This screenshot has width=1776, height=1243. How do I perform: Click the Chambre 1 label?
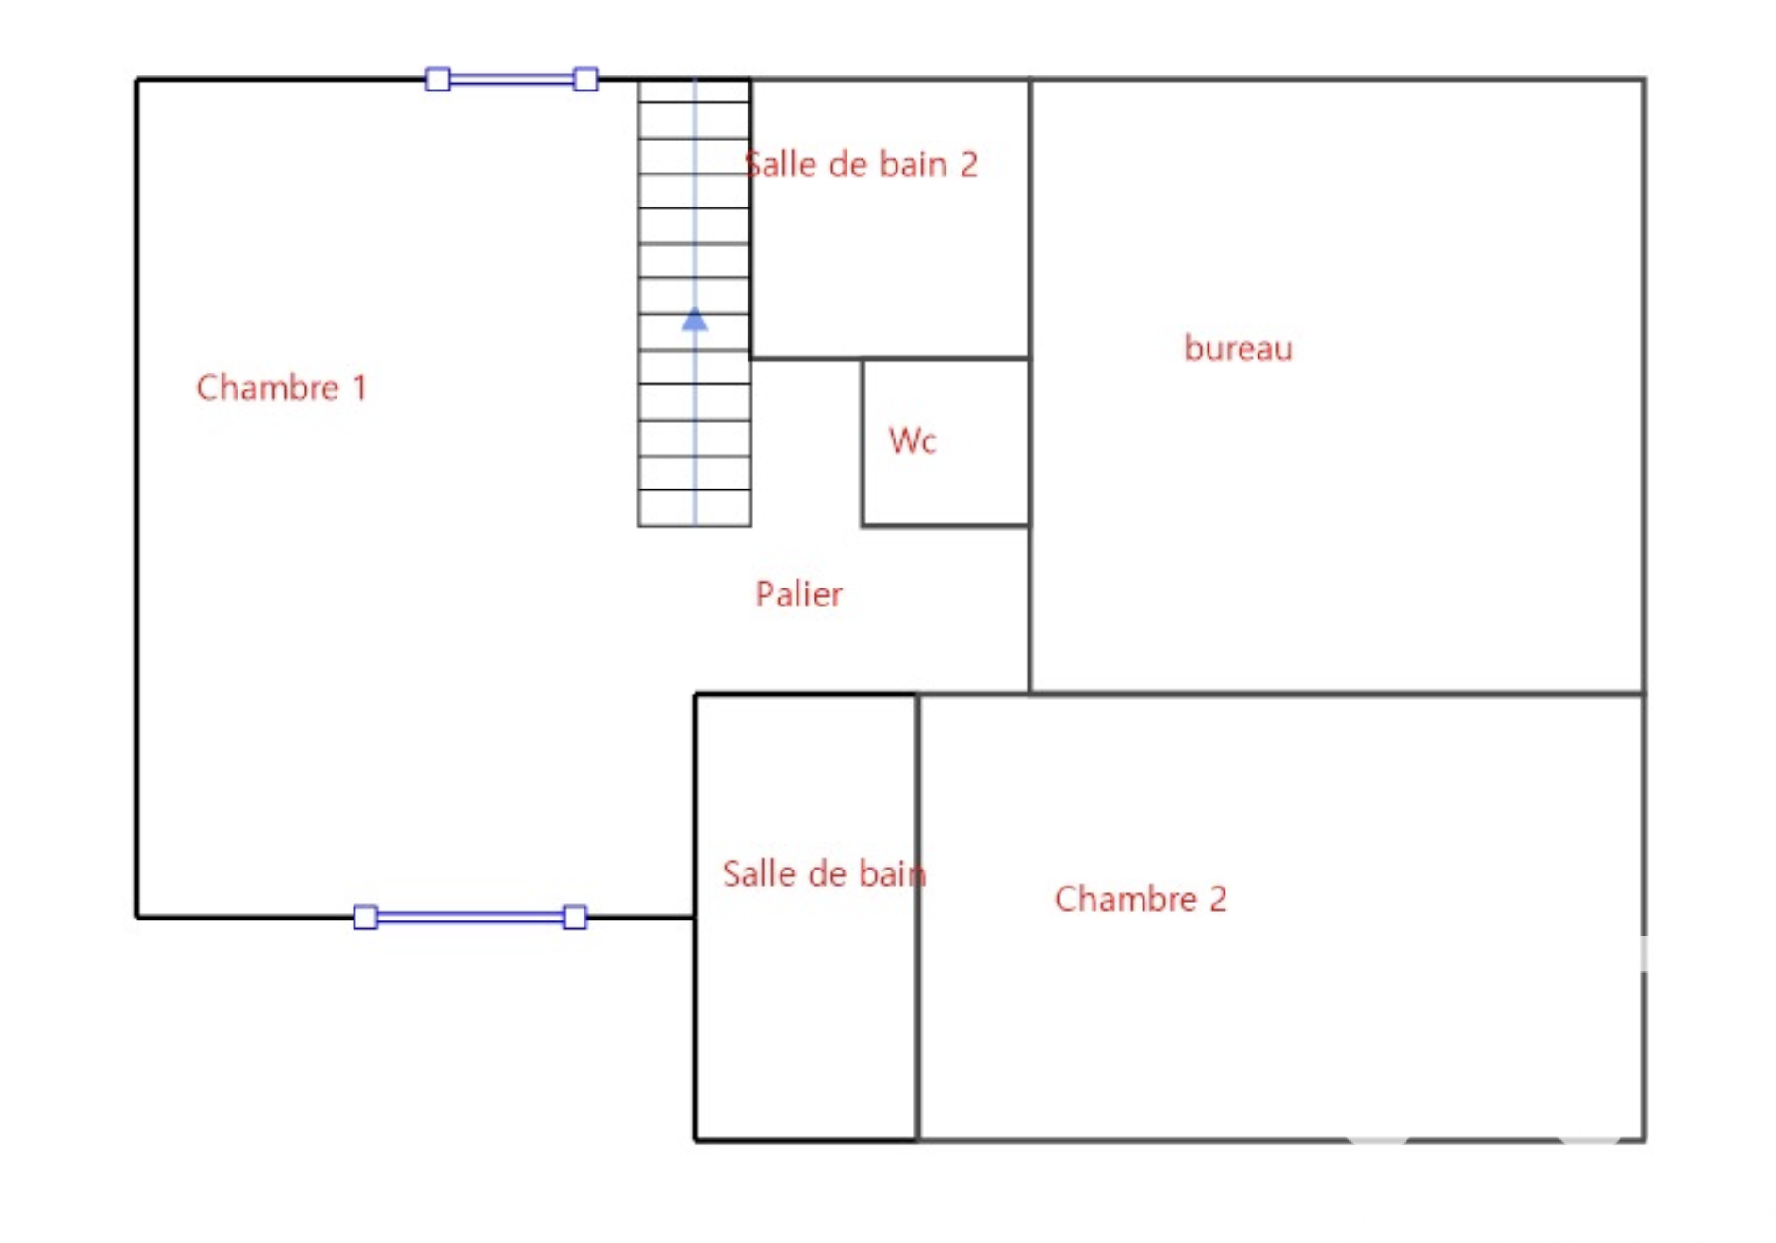(281, 388)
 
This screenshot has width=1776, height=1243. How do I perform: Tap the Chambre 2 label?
(1140, 899)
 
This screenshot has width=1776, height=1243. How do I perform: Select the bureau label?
(1238, 349)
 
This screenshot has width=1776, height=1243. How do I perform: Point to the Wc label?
(912, 440)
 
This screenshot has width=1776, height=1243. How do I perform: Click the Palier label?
(798, 594)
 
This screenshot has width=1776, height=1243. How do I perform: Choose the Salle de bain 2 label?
(861, 165)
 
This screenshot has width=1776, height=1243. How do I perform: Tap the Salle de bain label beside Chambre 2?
(824, 874)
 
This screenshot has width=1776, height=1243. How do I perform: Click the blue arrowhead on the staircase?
(695, 320)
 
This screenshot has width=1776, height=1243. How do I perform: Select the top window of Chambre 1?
(511, 79)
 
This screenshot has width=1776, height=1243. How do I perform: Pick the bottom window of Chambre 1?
(469, 918)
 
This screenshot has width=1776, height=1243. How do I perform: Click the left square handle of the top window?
(437, 79)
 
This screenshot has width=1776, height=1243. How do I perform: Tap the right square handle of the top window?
(585, 79)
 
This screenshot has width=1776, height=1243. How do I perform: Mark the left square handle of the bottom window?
(366, 918)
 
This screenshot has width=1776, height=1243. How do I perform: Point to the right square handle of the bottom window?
(574, 918)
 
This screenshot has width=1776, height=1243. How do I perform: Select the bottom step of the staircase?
(695, 508)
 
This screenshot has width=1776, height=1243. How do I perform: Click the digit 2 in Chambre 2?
(1218, 899)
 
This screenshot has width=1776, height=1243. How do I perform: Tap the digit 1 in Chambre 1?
(359, 388)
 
